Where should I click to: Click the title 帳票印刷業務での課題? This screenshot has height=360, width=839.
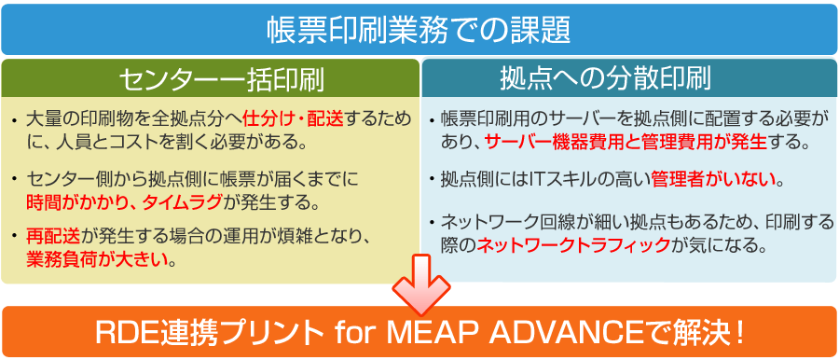click(x=419, y=30)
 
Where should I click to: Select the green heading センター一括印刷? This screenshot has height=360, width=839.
click(x=211, y=81)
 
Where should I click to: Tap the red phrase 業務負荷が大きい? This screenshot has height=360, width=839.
click(x=97, y=261)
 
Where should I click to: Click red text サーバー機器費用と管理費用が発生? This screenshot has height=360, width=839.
click(x=626, y=143)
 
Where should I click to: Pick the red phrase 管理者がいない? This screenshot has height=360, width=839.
click(x=714, y=180)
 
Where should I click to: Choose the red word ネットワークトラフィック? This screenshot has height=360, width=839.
click(x=573, y=245)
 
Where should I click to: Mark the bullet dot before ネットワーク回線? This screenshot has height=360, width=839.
click(x=432, y=222)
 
